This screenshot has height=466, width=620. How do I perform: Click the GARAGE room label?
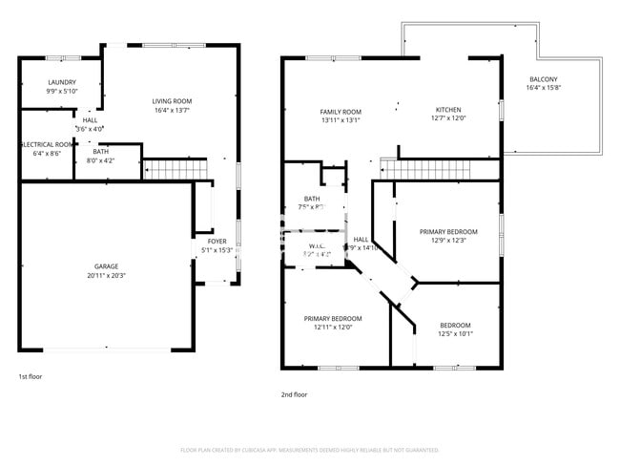[106, 266]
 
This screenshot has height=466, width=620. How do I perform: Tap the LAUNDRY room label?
[62, 82]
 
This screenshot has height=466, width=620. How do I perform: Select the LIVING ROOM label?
[173, 101]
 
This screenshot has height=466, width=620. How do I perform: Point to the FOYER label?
[217, 242]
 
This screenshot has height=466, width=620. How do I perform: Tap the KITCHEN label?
[448, 110]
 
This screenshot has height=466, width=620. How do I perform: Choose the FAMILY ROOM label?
[341, 112]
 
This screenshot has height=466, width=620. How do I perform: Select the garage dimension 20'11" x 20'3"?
[106, 275]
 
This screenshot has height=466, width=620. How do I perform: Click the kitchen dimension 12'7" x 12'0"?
[448, 119]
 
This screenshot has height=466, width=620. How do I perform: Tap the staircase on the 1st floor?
[175, 170]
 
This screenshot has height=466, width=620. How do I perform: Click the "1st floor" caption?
[30, 376]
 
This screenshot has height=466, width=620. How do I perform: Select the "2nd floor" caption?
[294, 394]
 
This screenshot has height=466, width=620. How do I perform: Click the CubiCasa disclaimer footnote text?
[309, 450]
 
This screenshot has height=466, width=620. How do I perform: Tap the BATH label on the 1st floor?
[100, 152]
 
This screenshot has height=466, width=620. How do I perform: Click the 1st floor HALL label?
[90, 119]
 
